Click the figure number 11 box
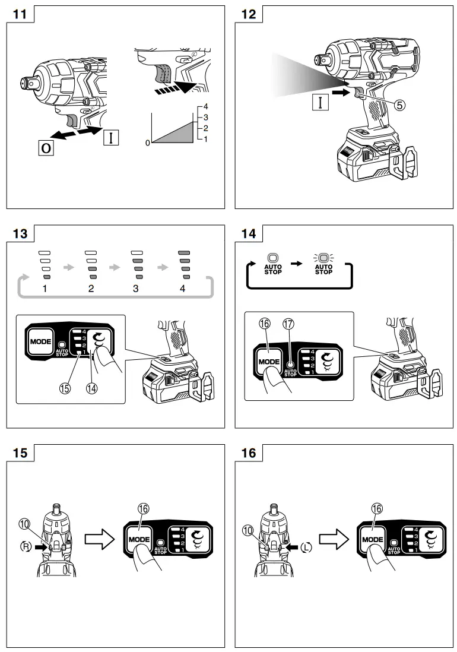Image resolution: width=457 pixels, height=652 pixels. pyautogui.click(x=20, y=14)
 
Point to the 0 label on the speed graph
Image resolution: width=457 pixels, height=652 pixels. pyautogui.click(x=148, y=143)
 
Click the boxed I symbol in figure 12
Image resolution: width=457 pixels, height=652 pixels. pyautogui.click(x=320, y=102)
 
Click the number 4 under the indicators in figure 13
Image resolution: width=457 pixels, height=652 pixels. pyautogui.click(x=183, y=289)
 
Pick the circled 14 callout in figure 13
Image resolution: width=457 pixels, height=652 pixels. pyautogui.click(x=92, y=390)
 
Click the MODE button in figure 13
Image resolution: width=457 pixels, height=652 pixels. pyautogui.click(x=40, y=343)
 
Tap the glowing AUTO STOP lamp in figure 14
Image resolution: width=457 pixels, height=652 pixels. pyautogui.click(x=323, y=258)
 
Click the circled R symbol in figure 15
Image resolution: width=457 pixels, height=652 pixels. pyautogui.click(x=26, y=546)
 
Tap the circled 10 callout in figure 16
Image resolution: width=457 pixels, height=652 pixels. pyautogui.click(x=248, y=527)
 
